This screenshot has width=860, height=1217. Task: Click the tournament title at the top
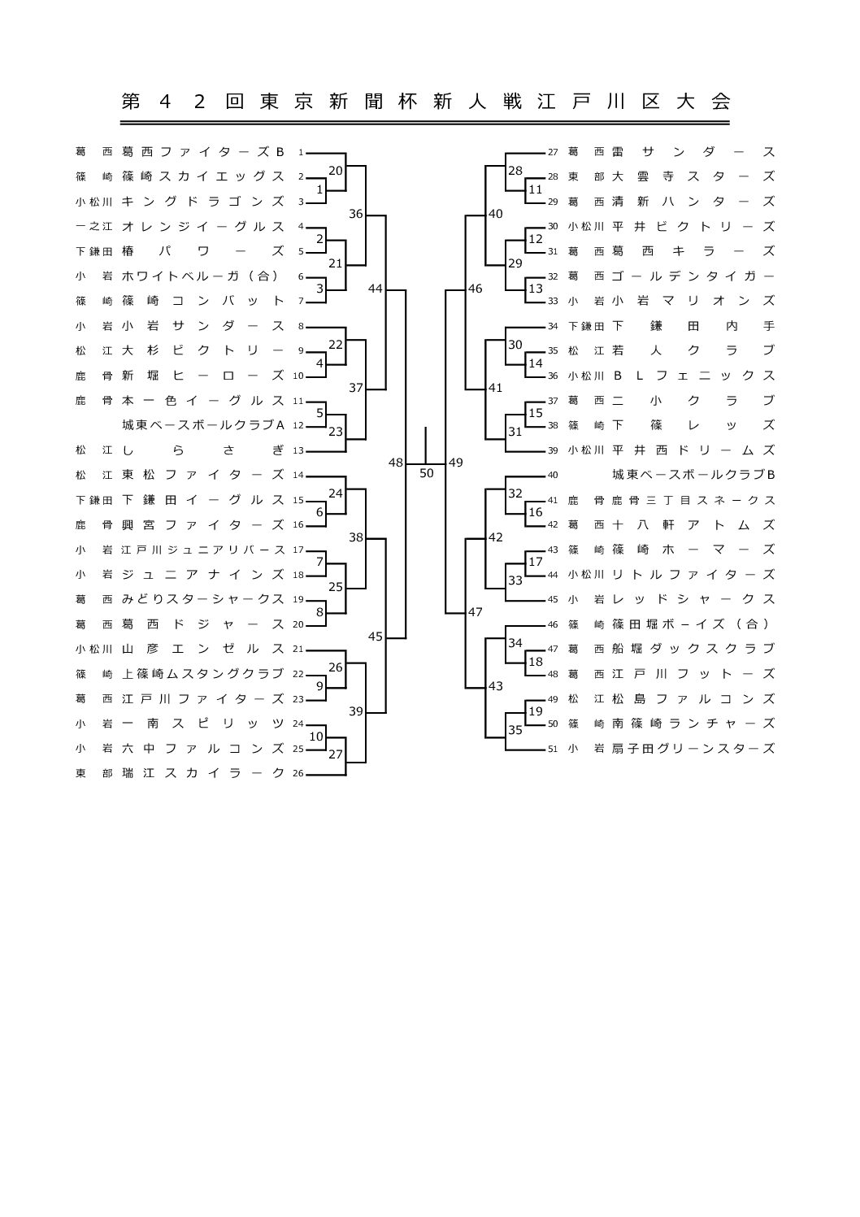[426, 102]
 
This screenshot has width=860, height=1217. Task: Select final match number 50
[426, 473]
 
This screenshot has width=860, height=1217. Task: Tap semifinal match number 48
[395, 463]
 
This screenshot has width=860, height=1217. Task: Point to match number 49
[455, 463]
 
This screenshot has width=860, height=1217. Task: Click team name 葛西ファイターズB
[202, 151]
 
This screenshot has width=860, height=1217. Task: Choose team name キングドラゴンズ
[202, 201]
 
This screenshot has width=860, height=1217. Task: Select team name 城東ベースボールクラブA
[202, 425]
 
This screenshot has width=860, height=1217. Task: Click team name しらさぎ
[202, 450]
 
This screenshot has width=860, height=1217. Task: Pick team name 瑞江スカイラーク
[202, 773]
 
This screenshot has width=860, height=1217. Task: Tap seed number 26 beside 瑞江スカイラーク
[298, 774]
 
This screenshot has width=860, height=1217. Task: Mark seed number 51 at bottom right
[553, 750]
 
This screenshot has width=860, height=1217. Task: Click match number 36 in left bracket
[355, 213]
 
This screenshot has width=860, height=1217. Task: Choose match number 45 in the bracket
[375, 637]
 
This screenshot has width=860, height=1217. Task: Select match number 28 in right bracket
[515, 171]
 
